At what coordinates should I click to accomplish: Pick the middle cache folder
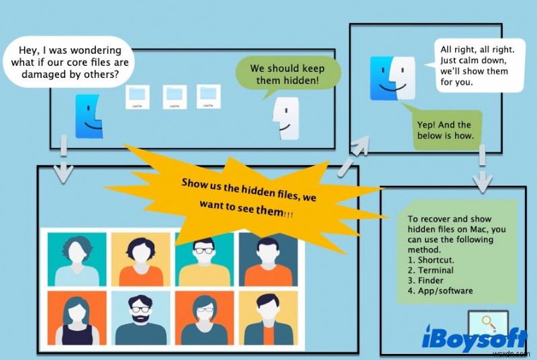click(175, 97)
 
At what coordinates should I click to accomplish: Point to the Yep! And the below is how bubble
click(445, 130)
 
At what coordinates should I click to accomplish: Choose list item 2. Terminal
click(430, 270)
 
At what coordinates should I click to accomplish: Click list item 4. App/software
click(440, 291)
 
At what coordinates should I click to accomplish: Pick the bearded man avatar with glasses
click(141, 319)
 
